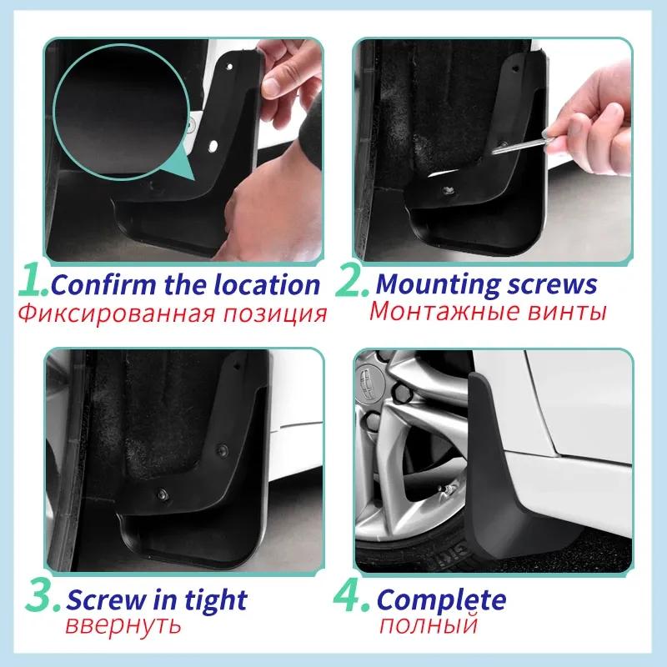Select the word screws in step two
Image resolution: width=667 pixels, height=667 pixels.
(549, 284)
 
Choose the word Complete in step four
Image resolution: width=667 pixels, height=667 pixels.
(441, 600)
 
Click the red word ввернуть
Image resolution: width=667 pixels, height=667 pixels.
(123, 626)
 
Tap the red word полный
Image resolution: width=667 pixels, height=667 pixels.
(426, 625)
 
